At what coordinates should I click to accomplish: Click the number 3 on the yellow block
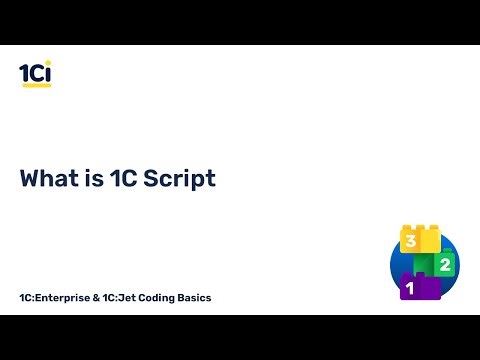coord(409,241)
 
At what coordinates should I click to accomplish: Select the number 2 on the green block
coord(444,264)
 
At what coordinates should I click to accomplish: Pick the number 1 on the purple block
coord(408,289)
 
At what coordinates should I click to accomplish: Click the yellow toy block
coord(420,239)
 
